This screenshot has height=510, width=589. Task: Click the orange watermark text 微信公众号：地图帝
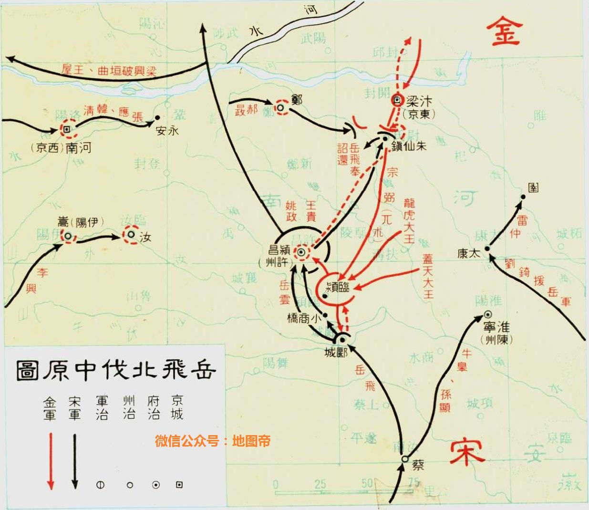tap(212, 441)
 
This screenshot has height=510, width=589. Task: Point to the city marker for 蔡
tap(404, 459)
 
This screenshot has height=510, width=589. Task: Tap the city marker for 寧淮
tap(488, 314)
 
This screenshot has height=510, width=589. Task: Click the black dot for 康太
tap(487, 248)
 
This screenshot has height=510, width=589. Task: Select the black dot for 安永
tap(158, 117)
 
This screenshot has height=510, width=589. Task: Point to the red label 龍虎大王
tap(409, 220)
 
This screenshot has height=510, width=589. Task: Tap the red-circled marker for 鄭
tap(281, 108)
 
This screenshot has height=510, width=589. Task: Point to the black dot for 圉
tap(523, 197)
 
